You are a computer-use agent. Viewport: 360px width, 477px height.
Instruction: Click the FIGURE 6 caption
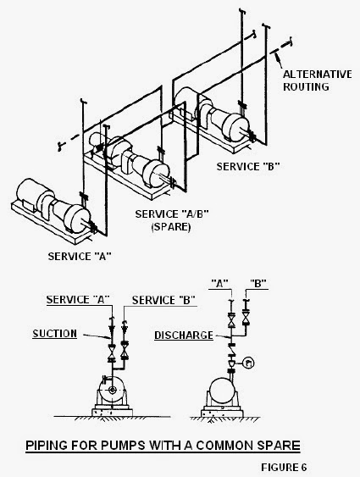click(284, 468)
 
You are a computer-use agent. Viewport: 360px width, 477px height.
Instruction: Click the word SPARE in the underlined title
click(278, 446)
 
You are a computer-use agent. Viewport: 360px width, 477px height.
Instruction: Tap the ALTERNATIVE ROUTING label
click(318, 80)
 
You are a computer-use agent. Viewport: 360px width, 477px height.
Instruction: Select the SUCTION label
click(55, 334)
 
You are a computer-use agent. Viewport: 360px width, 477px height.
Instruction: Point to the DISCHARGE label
click(184, 336)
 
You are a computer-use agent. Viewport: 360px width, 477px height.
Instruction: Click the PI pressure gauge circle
click(249, 363)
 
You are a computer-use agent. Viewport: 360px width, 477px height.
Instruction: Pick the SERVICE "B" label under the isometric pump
click(248, 166)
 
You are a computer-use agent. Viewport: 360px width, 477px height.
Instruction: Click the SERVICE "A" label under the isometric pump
click(80, 256)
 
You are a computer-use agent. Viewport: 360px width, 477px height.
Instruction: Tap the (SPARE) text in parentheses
click(171, 227)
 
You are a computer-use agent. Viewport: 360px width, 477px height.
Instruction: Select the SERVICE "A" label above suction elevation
click(78, 300)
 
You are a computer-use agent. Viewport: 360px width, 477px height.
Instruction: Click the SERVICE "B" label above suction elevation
click(163, 300)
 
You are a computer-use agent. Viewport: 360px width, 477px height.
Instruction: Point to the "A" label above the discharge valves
click(219, 284)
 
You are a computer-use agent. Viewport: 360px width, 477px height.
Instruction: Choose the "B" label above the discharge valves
click(258, 284)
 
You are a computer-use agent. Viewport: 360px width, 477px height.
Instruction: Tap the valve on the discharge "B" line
click(246, 318)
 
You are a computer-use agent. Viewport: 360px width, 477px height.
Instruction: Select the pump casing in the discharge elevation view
click(222, 391)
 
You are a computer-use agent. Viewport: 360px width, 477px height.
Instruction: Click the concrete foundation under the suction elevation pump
click(112, 413)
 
